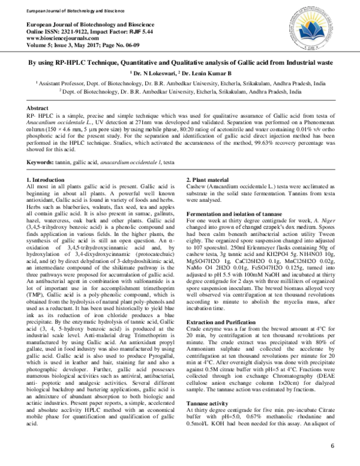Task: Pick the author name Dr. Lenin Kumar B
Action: tap(201, 73)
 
